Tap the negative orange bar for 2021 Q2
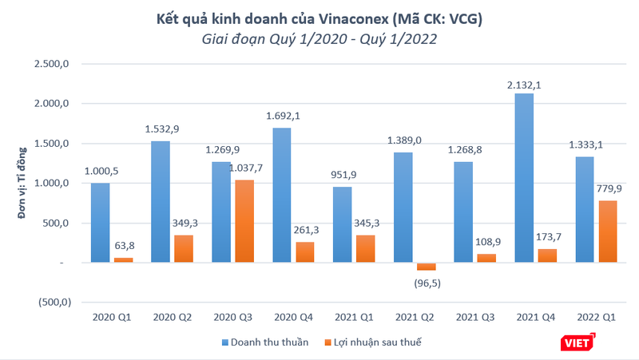(426, 267)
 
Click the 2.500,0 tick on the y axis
(54, 64)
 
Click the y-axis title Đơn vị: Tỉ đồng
(23, 184)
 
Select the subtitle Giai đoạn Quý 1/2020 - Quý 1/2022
(319, 38)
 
